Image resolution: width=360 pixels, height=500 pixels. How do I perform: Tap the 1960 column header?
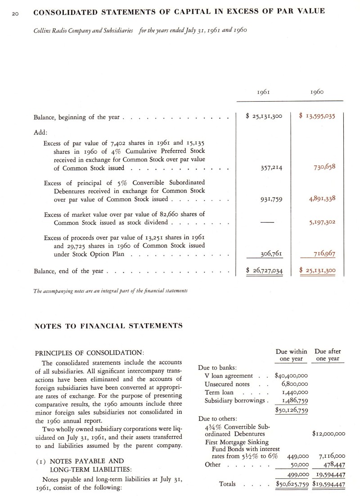pyautogui.click(x=318, y=92)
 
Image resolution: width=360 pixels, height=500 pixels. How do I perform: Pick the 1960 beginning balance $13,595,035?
pyautogui.click(x=318, y=116)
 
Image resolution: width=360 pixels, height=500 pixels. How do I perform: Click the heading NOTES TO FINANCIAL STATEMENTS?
pyautogui.click(x=108, y=325)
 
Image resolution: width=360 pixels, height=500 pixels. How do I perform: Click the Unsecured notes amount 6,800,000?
pyautogui.click(x=294, y=384)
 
